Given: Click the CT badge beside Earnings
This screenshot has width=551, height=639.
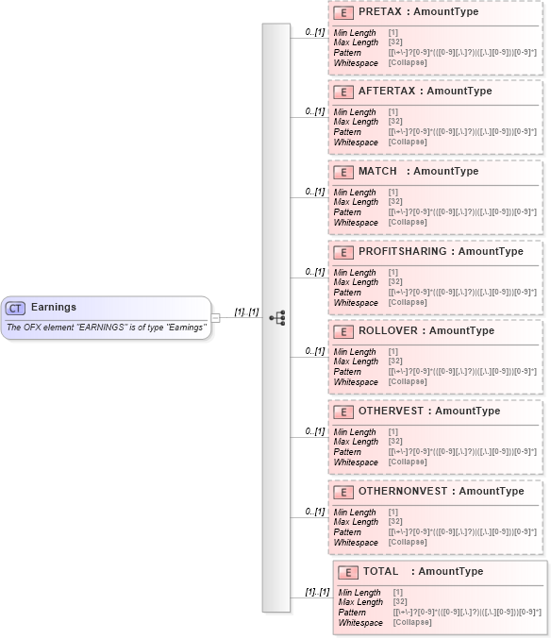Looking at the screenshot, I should tap(16, 308).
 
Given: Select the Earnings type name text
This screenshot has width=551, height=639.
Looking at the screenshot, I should tap(54, 307).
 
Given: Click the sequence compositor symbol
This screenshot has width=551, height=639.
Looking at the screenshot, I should tap(276, 318).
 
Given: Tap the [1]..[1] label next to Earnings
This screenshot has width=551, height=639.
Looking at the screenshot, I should tap(246, 312).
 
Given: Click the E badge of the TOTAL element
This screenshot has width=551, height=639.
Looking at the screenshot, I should tap(348, 572).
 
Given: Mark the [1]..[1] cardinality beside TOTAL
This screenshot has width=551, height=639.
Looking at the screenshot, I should tap(317, 592).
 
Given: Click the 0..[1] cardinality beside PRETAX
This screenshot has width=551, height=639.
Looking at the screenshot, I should tap(315, 32).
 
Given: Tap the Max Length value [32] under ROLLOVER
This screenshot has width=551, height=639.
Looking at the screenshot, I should tap(396, 362).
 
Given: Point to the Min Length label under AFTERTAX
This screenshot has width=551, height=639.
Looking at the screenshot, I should tap(355, 112).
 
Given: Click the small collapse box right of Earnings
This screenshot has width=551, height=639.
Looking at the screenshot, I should tap(215, 318).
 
